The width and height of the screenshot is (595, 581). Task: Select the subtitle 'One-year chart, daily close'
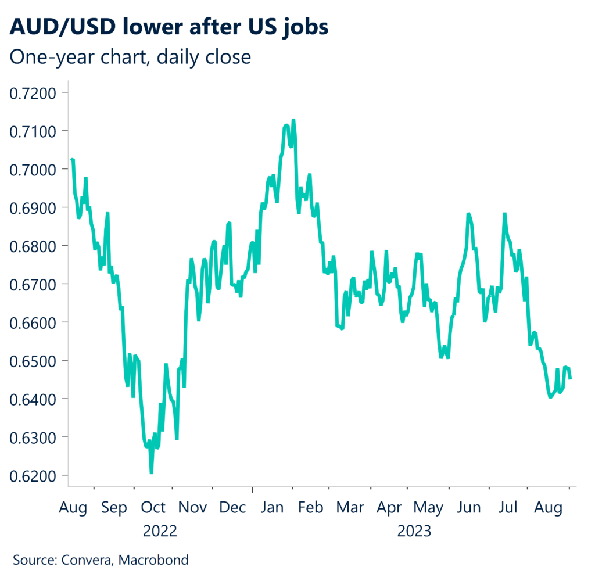[x=131, y=58]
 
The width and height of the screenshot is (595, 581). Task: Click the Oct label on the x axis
[x=153, y=508]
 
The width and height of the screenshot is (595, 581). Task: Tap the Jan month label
[x=271, y=508]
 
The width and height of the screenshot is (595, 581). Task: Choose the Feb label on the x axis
[x=310, y=508]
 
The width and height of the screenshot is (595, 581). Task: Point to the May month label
[x=428, y=508]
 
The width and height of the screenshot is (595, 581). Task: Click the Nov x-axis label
[x=192, y=508]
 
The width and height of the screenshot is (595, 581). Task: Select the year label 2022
[x=160, y=531]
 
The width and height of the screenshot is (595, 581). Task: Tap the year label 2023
[x=414, y=531]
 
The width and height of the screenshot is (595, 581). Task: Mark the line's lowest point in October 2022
[x=152, y=473]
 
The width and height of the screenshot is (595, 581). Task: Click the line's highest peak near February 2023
[x=293, y=120]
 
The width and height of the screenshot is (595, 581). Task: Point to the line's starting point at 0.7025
[x=71, y=159]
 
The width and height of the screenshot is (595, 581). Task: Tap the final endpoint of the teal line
[x=570, y=379]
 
